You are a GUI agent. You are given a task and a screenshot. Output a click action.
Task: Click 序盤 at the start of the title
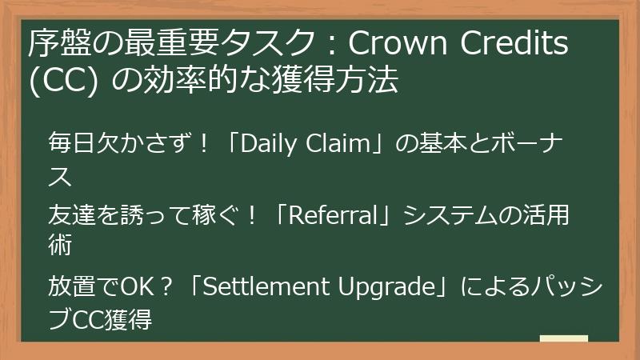54,45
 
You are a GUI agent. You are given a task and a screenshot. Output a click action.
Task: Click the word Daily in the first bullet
264,146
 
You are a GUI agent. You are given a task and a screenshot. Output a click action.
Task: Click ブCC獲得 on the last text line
100,318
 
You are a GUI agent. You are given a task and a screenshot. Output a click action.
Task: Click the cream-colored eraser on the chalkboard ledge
563,338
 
